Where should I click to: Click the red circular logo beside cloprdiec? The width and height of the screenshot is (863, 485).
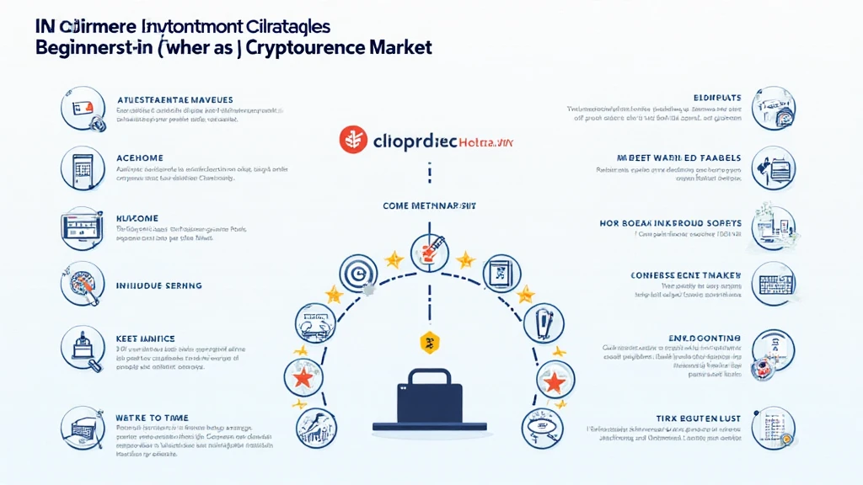click(x=353, y=141)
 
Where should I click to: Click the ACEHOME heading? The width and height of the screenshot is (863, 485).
click(x=139, y=158)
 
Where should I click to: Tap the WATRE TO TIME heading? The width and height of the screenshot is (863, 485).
click(x=152, y=418)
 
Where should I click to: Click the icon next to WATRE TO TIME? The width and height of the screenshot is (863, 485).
click(x=82, y=427)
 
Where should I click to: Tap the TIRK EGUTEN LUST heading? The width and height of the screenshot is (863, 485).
click(x=697, y=418)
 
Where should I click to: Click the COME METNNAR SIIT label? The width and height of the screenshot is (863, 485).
click(x=431, y=205)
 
